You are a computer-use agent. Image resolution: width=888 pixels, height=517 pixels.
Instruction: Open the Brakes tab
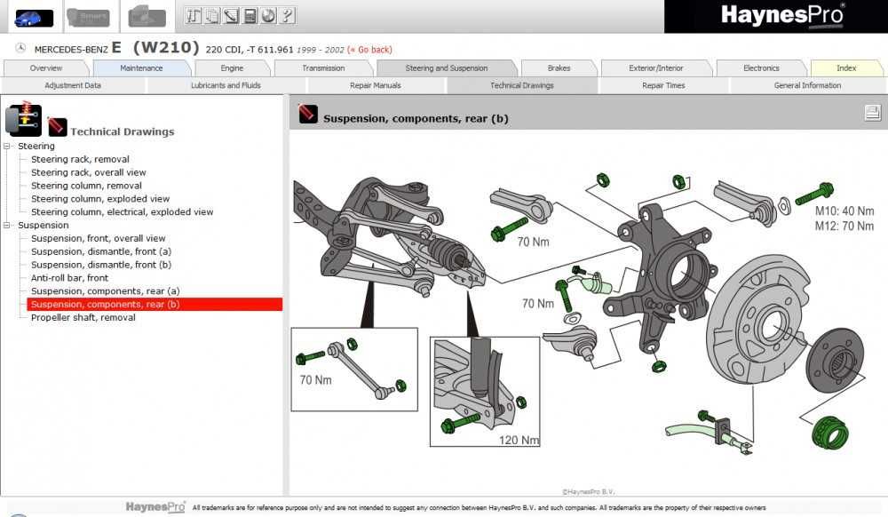[559, 68]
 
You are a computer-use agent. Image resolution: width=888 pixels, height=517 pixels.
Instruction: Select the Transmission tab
[323, 68]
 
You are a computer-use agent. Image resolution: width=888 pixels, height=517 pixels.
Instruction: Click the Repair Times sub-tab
[663, 86]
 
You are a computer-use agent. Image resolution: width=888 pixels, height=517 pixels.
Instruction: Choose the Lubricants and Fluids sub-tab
[226, 86]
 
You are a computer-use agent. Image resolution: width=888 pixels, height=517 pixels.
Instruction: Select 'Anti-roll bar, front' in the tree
[69, 278]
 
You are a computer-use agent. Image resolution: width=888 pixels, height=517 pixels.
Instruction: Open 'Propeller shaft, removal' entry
[83, 317]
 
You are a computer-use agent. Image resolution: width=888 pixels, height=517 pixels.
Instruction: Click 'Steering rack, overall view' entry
[88, 172]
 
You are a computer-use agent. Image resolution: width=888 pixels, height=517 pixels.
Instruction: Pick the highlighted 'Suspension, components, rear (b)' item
[105, 305]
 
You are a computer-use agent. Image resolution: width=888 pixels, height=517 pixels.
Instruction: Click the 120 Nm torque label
[518, 440]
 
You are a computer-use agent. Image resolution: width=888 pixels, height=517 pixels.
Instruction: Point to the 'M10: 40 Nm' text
[844, 211]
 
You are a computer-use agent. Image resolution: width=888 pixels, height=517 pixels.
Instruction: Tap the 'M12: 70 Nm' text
[844, 226]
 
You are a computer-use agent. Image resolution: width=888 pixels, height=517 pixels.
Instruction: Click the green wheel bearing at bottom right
[831, 433]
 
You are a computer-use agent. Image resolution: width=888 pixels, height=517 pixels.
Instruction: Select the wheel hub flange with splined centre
[834, 360]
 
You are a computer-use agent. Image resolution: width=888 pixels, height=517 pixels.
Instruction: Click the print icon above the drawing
[872, 112]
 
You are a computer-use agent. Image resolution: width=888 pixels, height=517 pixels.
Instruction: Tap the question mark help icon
[288, 15]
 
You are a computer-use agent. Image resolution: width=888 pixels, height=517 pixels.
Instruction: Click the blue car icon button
[34, 17]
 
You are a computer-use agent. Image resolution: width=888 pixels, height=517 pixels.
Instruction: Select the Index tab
[846, 68]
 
